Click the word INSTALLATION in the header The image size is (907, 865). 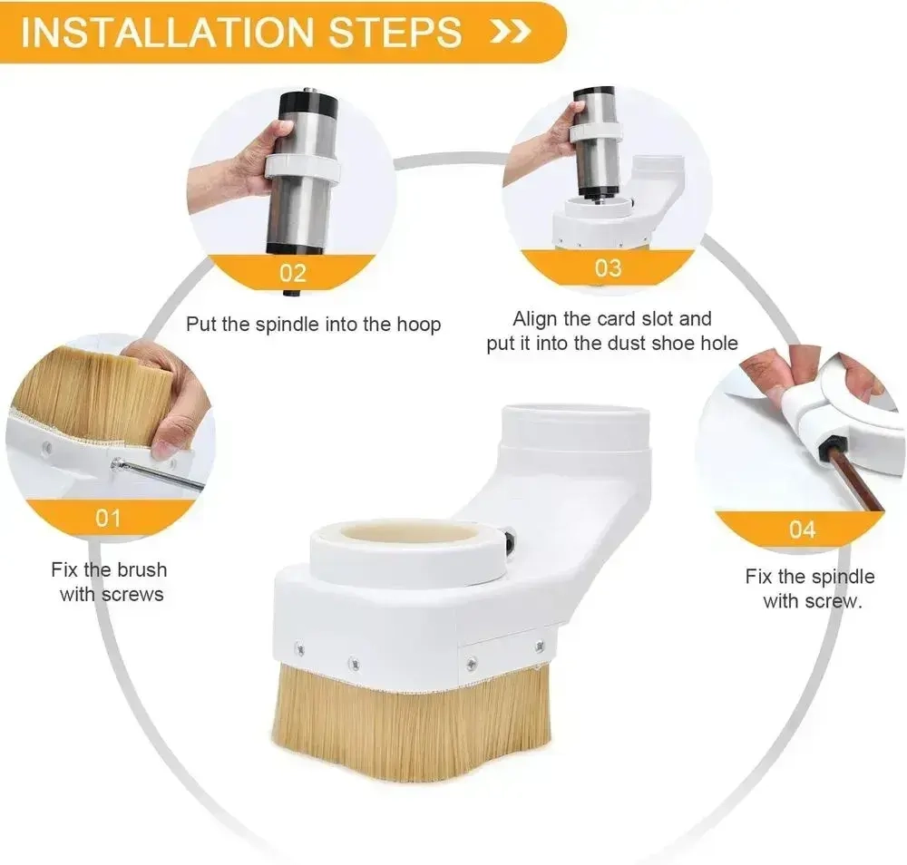[x=168, y=33]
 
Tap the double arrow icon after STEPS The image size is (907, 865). [x=510, y=33]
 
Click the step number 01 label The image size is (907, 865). [x=108, y=518]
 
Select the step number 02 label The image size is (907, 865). [x=293, y=273]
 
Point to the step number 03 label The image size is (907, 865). [x=609, y=268]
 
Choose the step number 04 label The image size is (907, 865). [x=803, y=530]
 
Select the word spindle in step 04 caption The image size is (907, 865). [x=844, y=577]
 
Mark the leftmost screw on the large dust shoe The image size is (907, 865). [x=299, y=649]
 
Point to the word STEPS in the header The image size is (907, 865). [x=395, y=33]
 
